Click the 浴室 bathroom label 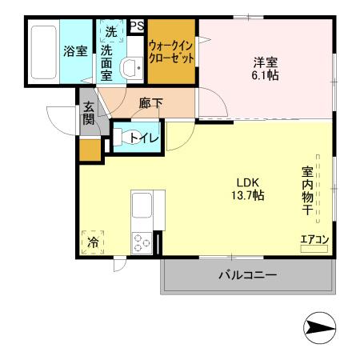pyautogui.click(x=75, y=51)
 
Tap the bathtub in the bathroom pyautogui.click(x=43, y=50)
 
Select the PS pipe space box pyautogui.click(x=137, y=26)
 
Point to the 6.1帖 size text pyautogui.click(x=268, y=74)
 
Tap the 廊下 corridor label pyautogui.click(x=150, y=102)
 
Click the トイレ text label pyautogui.click(x=150, y=138)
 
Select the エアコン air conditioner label pyautogui.click(x=314, y=238)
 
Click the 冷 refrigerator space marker pyautogui.click(x=94, y=241)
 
